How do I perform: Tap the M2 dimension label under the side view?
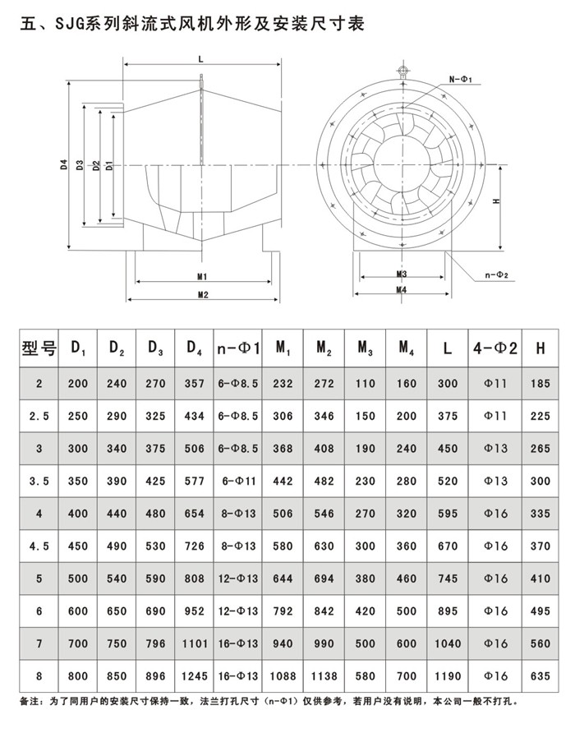pyautogui.click(x=202, y=294)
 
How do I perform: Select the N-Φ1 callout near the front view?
pyautogui.click(x=460, y=79)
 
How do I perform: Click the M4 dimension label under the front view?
pyautogui.click(x=402, y=289)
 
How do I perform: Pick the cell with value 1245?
pyautogui.click(x=194, y=679)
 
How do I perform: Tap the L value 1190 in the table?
pyautogui.click(x=447, y=679)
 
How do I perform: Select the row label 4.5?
pyautogui.click(x=39, y=546)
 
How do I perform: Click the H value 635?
pyautogui.click(x=540, y=679)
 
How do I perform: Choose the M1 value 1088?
pyautogui.click(x=282, y=679)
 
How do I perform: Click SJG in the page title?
pyautogui.click(x=68, y=25)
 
